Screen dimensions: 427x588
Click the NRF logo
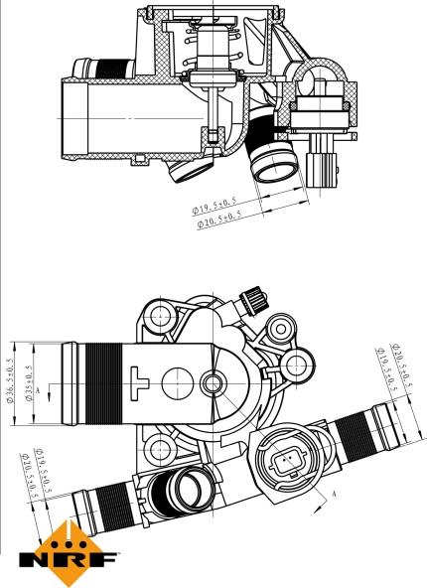pyautogui.click(x=69, y=554)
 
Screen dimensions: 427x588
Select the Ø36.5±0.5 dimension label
pyautogui.click(x=10, y=379)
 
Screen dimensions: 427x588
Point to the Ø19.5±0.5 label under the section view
pyautogui.click(x=214, y=206)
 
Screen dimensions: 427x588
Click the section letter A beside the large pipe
pyautogui.click(x=37, y=390)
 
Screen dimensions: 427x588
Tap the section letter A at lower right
pyautogui.click(x=335, y=495)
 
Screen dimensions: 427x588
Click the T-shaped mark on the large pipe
pyautogui.click(x=139, y=382)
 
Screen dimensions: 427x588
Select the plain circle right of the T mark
pyautogui.click(x=178, y=382)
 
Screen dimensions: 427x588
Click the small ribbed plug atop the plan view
pyautogui.click(x=253, y=301)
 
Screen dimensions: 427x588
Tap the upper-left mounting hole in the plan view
pyautogui.click(x=160, y=316)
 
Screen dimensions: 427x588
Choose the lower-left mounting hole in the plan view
pyautogui.click(x=160, y=448)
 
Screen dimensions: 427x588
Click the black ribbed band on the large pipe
pyautogui.click(x=103, y=383)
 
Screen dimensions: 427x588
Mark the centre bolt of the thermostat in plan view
pyautogui.click(x=213, y=383)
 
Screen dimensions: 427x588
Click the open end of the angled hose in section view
pyautogui.click(x=274, y=164)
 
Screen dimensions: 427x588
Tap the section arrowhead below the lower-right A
pyautogui.click(x=318, y=508)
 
